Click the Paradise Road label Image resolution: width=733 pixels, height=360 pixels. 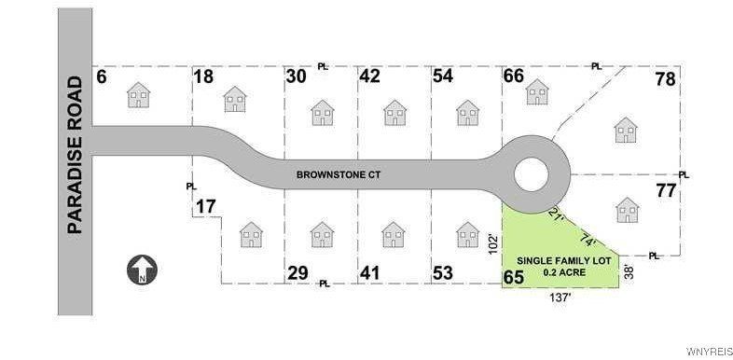(x=76, y=154)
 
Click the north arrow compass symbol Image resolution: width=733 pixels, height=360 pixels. (x=143, y=270)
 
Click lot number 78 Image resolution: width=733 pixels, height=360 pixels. (x=666, y=79)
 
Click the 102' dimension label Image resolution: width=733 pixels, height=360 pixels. (x=492, y=244)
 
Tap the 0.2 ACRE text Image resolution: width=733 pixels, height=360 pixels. (x=560, y=272)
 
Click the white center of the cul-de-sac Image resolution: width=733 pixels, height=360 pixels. (x=532, y=173)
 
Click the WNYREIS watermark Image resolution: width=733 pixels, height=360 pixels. (x=708, y=352)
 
